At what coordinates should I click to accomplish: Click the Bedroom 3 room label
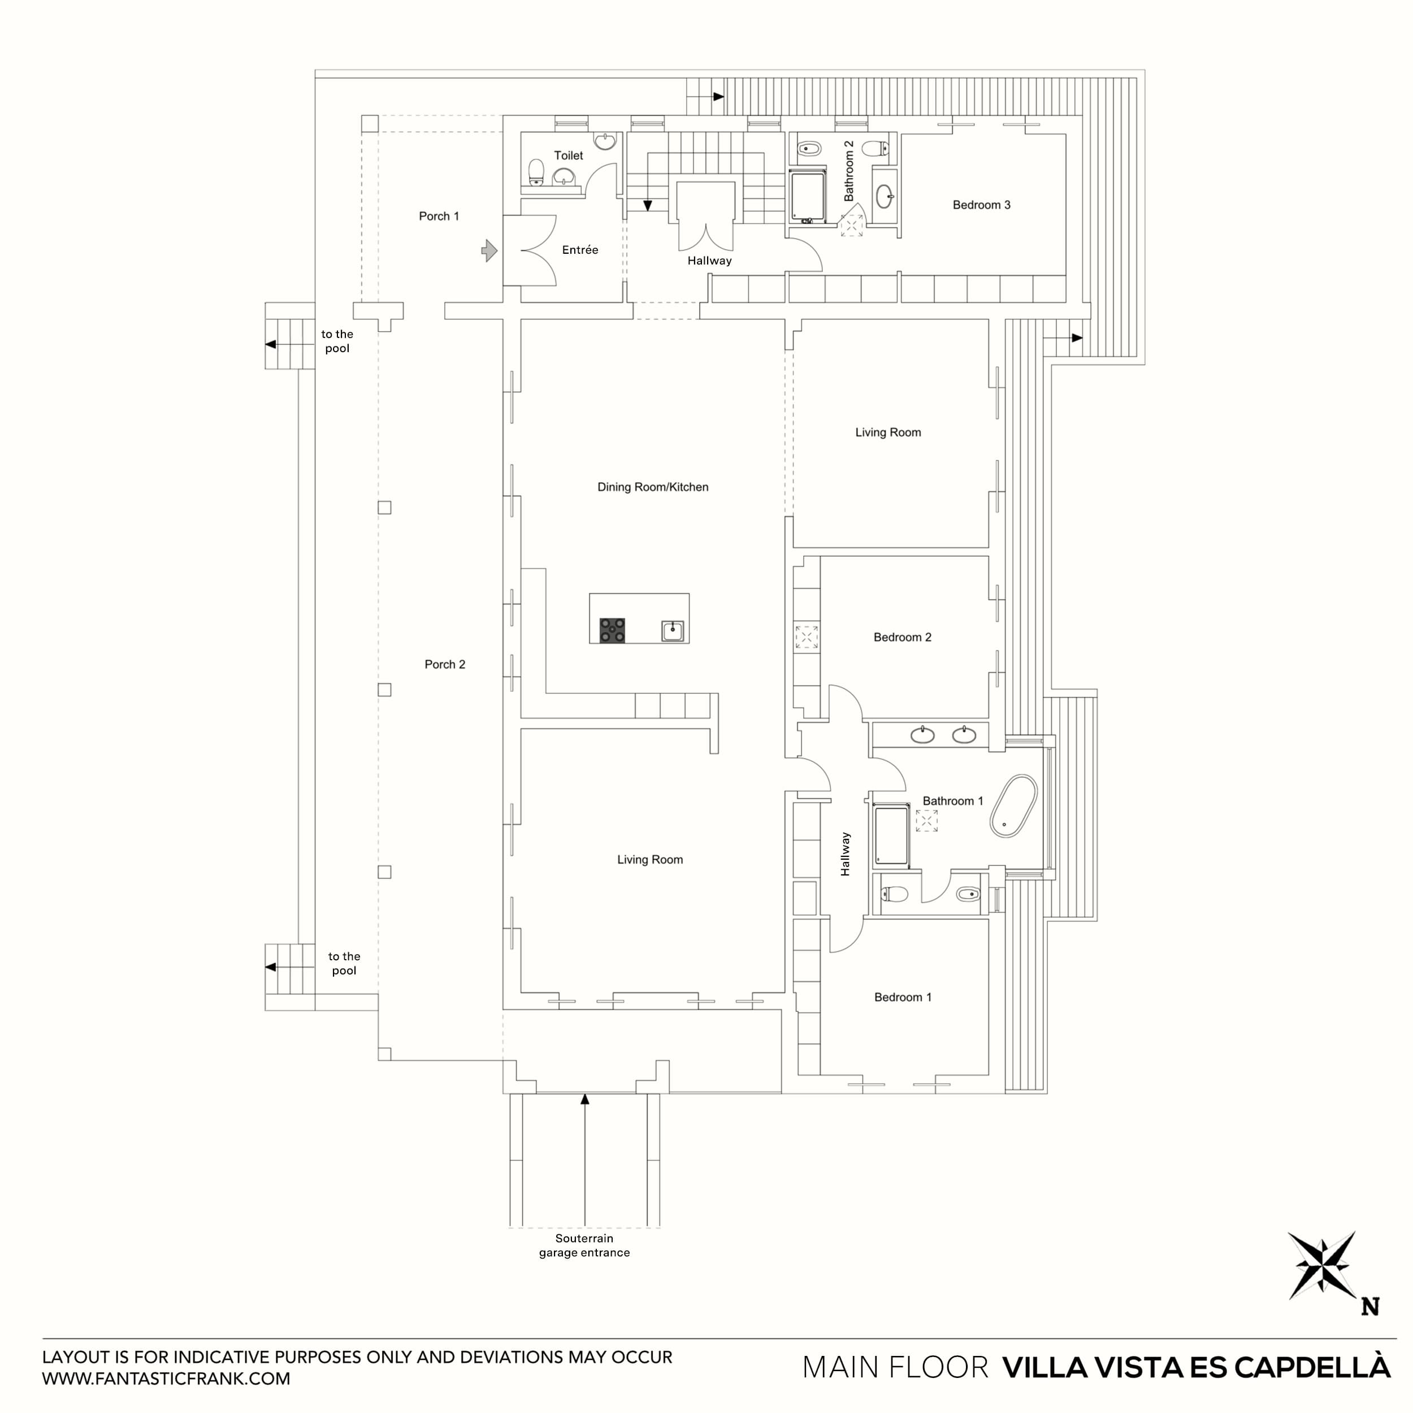(x=981, y=205)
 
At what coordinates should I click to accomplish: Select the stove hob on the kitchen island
(x=612, y=630)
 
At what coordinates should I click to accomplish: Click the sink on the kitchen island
(x=672, y=630)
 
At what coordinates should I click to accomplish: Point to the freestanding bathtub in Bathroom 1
(x=1013, y=806)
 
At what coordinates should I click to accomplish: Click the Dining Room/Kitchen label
(x=652, y=487)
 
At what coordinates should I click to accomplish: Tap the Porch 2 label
(x=445, y=664)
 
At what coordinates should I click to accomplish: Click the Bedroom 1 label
(x=903, y=997)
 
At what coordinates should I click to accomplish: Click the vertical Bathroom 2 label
(x=848, y=171)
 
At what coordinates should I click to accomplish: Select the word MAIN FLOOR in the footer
(x=895, y=1368)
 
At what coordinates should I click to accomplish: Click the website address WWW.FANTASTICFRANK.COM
(x=166, y=1379)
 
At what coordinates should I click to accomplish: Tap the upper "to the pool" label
(x=337, y=341)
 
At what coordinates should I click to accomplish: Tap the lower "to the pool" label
(x=344, y=963)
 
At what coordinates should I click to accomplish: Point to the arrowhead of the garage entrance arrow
(x=584, y=1099)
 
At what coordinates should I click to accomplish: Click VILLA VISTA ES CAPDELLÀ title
(x=1196, y=1368)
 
